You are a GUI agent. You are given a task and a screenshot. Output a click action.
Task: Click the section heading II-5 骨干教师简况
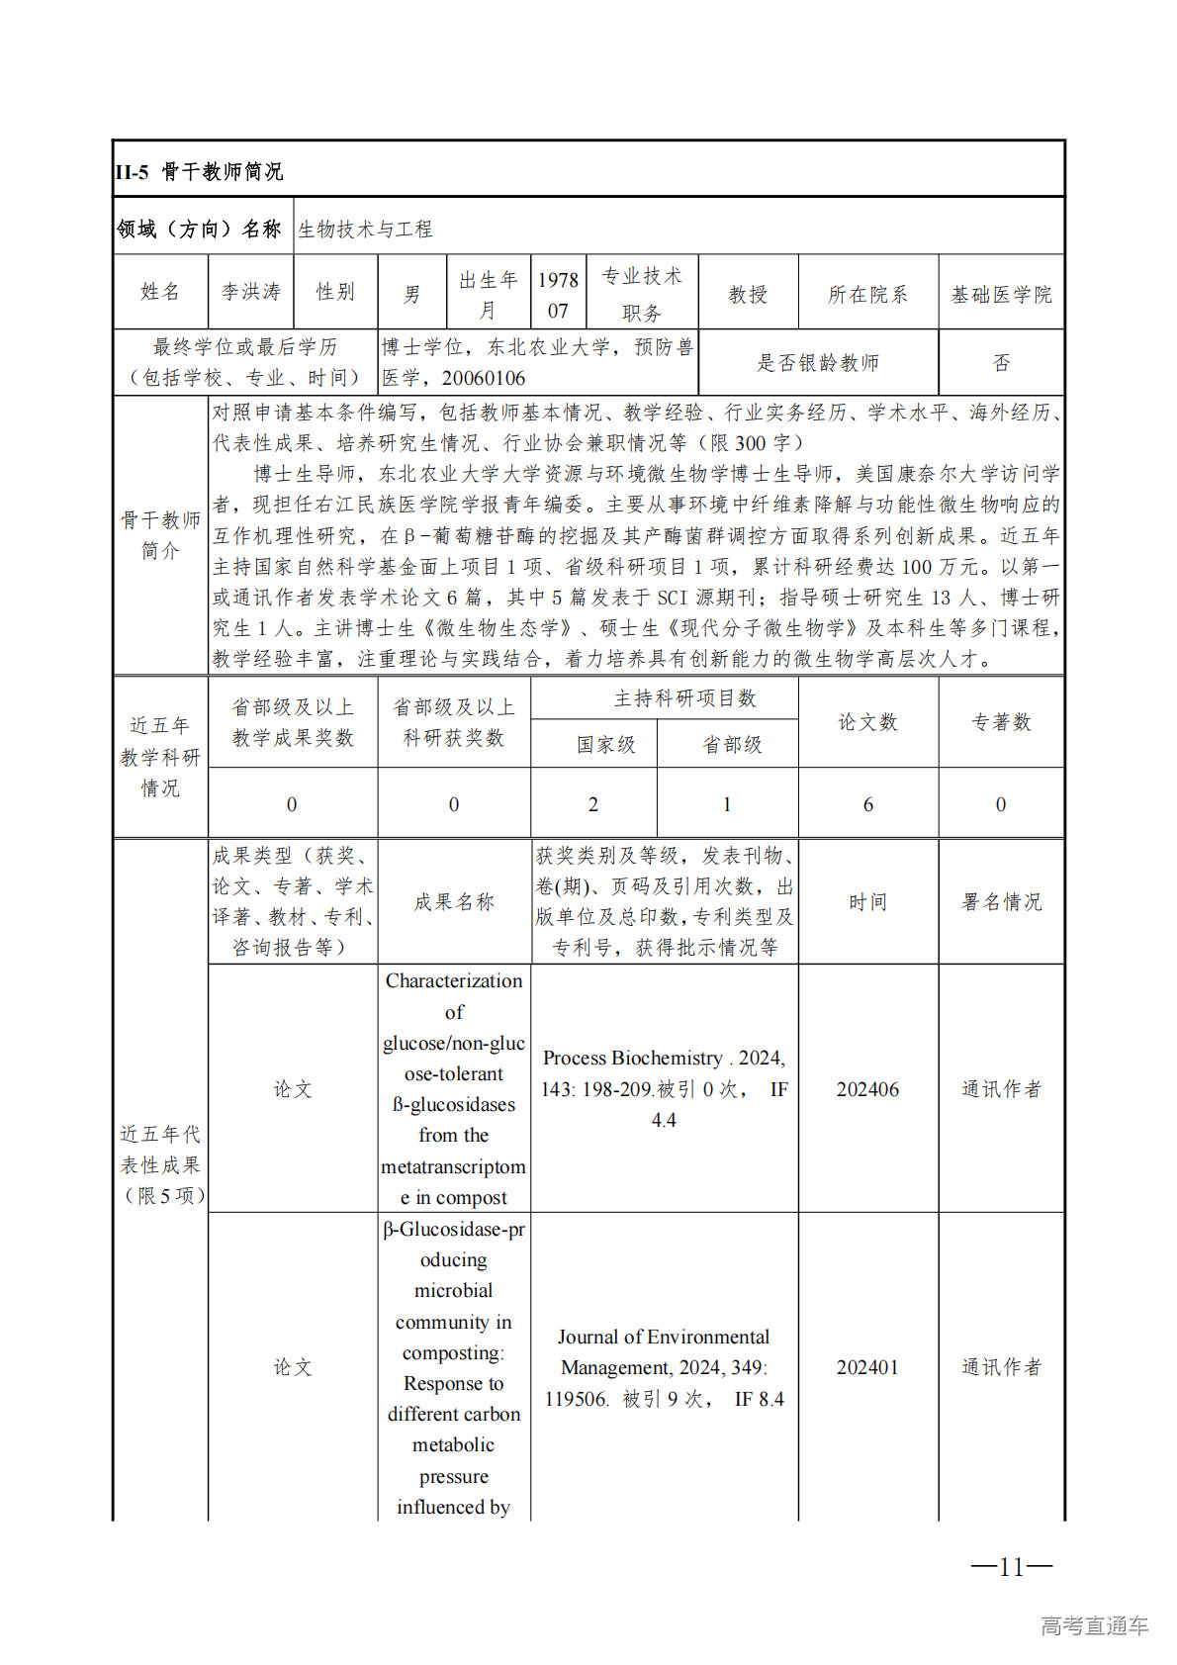pyautogui.click(x=199, y=172)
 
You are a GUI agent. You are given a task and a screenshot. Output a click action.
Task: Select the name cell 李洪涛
pyautogui.click(x=251, y=292)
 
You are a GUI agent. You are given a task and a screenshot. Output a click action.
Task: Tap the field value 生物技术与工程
pyautogui.click(x=365, y=230)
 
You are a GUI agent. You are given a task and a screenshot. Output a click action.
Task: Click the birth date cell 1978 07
pyautogui.click(x=558, y=295)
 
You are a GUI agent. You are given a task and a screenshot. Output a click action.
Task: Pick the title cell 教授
pyautogui.click(x=748, y=295)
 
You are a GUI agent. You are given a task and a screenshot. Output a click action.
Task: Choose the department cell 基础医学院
pyautogui.click(x=1001, y=295)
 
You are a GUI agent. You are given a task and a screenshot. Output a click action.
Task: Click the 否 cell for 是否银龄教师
pyautogui.click(x=1001, y=363)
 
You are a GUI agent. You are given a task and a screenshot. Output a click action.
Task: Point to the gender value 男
pyautogui.click(x=411, y=295)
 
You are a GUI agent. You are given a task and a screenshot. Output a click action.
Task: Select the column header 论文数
pyautogui.click(x=867, y=722)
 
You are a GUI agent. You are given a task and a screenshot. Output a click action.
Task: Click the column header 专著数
pyautogui.click(x=1001, y=722)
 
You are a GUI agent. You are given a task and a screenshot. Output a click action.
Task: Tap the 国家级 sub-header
pyautogui.click(x=606, y=745)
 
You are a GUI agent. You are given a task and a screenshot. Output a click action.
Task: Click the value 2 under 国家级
pyautogui.click(x=592, y=804)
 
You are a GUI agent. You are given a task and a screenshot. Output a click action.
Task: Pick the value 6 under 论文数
pyautogui.click(x=867, y=804)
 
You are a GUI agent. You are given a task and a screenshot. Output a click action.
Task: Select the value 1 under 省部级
pyautogui.click(x=727, y=804)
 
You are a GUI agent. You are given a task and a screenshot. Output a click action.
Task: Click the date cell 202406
pyautogui.click(x=867, y=1089)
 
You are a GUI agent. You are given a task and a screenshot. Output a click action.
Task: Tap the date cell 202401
pyautogui.click(x=867, y=1367)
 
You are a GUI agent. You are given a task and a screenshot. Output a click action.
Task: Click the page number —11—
pyautogui.click(x=1011, y=1566)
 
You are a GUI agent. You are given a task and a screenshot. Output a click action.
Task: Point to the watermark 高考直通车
pyautogui.click(x=1094, y=1625)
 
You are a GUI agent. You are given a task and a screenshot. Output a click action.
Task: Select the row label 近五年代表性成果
pyautogui.click(x=160, y=1164)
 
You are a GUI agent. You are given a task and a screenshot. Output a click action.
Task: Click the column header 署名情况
pyautogui.click(x=1001, y=902)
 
